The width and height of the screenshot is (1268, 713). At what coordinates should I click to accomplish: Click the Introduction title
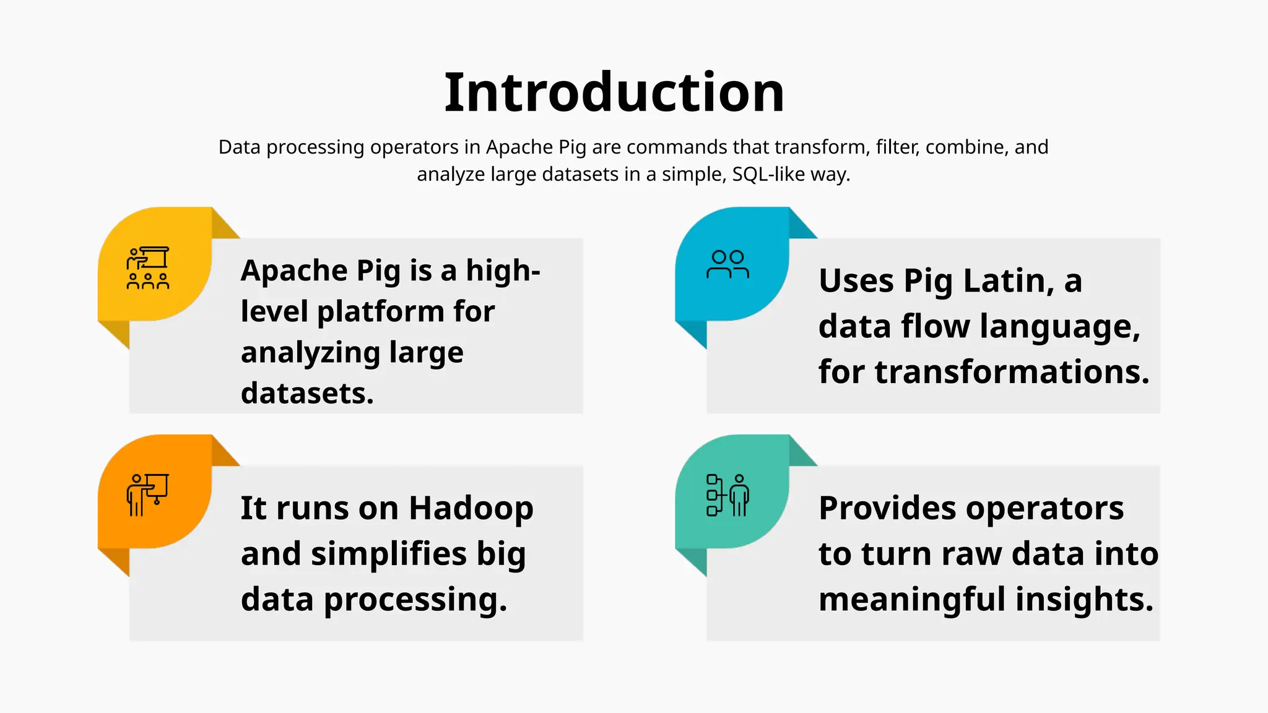[614, 93]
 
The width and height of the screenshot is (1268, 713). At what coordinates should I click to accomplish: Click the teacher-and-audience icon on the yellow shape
[148, 268]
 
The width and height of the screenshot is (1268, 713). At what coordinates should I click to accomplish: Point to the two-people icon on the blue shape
[727, 264]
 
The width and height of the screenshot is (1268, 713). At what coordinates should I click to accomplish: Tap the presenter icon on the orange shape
[147, 495]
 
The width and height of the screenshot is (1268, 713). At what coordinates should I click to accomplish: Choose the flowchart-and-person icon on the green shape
[727, 495]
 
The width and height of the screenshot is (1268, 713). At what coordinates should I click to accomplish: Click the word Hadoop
[471, 508]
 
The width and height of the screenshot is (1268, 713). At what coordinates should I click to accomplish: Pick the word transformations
[1012, 372]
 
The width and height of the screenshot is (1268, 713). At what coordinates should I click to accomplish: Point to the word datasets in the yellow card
[306, 393]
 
